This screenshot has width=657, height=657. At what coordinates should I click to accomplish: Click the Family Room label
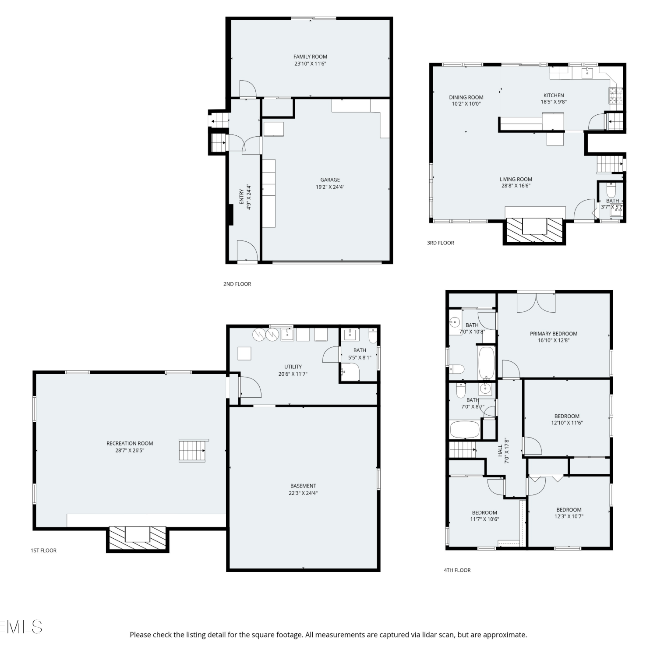pos(310,57)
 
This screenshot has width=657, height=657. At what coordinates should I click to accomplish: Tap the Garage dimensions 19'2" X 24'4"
pos(330,187)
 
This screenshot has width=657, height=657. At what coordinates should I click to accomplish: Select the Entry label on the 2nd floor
pos(241,196)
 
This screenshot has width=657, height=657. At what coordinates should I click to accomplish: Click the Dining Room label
pos(466,97)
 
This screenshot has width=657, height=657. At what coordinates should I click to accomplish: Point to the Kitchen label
pos(554,95)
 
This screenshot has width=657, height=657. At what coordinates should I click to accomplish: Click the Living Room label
pos(516,179)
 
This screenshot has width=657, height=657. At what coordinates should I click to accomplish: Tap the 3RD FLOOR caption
pos(441,243)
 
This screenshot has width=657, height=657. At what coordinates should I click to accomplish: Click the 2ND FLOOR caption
pos(237,284)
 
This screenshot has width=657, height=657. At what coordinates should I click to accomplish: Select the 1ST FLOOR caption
pos(43,551)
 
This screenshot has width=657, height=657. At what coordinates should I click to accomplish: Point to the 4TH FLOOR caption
pos(457,570)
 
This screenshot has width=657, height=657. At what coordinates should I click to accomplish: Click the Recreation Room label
pos(130,443)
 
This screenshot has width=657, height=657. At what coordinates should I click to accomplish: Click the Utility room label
pos(293,367)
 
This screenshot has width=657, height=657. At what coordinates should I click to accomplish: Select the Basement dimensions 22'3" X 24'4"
pos(303,493)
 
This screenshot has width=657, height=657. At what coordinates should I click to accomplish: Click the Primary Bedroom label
pos(554,333)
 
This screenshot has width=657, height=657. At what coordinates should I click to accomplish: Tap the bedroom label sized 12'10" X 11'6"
pos(567,416)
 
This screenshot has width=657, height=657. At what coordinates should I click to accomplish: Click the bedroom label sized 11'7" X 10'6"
pos(484,512)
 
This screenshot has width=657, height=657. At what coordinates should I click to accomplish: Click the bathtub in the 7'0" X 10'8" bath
pos(486,363)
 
